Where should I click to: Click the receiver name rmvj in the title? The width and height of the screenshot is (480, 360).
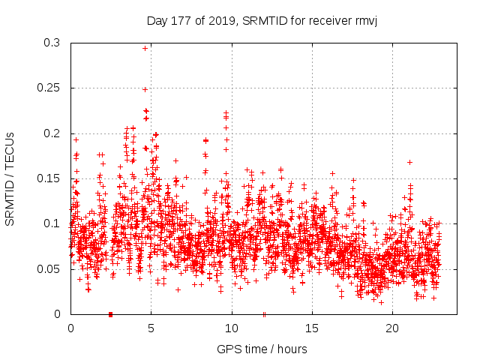point(363,20)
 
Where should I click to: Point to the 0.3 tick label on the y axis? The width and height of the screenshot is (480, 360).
point(52,43)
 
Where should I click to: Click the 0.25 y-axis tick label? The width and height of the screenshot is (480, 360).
point(49,88)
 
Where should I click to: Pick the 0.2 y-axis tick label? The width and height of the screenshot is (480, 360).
point(52,133)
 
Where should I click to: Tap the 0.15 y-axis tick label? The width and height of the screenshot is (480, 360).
point(49,178)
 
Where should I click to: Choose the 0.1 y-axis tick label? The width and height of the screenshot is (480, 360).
point(52,223)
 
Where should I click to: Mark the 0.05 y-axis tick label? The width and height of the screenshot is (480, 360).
point(49,268)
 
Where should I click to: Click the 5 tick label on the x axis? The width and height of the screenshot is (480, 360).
point(151,328)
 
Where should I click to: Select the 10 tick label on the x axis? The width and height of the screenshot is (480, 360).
point(231,328)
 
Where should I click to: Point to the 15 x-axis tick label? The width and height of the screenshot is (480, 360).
point(311,328)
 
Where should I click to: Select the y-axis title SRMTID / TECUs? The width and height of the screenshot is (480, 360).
point(10,178)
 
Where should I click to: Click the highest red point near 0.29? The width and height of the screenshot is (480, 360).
point(145,48)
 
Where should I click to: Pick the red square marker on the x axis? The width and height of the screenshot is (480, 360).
point(110,314)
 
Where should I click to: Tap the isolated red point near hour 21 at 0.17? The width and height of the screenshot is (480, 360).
point(409,162)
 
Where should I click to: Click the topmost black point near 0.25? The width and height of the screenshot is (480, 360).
point(145,90)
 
